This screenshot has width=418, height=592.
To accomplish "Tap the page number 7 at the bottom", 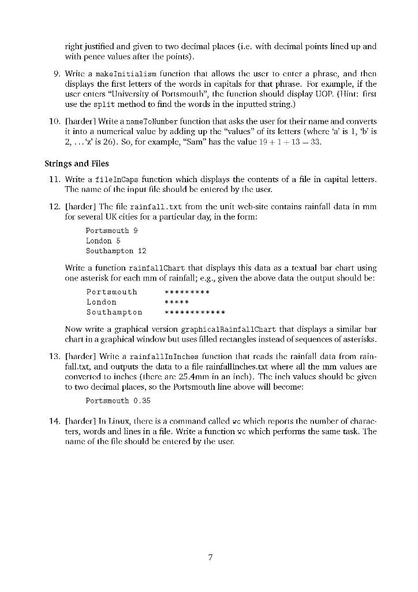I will [x=211, y=557].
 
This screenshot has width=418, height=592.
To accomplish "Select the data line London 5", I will [x=103, y=240].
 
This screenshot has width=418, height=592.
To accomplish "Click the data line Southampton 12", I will [x=116, y=251].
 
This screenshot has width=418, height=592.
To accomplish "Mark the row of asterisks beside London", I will [x=177, y=302].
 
